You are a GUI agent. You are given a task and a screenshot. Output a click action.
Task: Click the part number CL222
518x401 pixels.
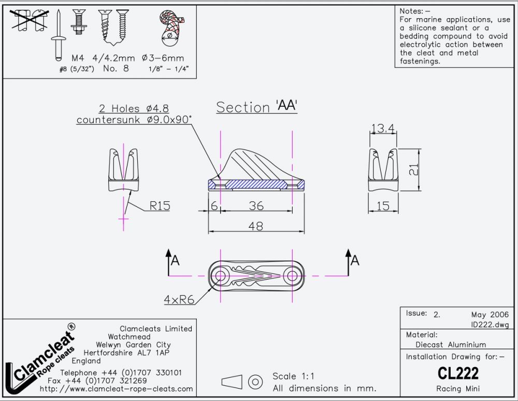(x=458, y=373)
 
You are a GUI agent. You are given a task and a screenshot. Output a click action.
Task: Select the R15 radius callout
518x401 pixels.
(x=160, y=206)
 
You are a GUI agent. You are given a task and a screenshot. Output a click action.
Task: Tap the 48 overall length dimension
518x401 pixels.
(x=255, y=226)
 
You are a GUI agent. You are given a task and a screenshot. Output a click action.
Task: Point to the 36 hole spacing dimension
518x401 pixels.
(x=256, y=206)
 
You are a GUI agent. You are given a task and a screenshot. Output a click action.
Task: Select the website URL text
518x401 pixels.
(x=116, y=389)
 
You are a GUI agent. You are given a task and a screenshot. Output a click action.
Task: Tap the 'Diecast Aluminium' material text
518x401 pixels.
(x=451, y=344)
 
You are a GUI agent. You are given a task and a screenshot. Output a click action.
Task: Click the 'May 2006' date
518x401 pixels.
(x=490, y=315)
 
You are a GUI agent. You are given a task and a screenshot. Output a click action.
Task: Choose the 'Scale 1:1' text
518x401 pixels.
(x=293, y=376)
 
